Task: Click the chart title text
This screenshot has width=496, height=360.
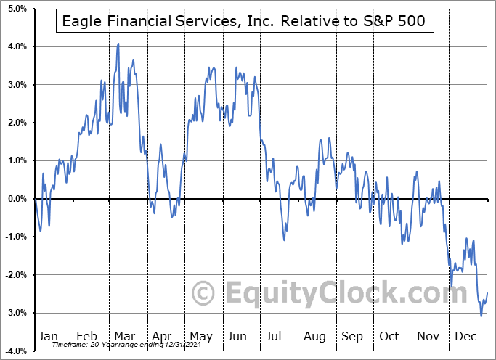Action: tap(245, 22)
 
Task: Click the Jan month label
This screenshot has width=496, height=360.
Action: tap(48, 336)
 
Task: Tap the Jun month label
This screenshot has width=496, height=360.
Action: tap(237, 336)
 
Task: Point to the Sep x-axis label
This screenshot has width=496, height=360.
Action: tap(352, 336)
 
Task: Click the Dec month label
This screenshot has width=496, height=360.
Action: tap(465, 336)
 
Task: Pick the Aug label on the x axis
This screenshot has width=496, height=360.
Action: tap(314, 336)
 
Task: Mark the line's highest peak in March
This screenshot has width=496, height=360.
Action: tap(118, 44)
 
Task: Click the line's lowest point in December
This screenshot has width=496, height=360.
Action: tap(481, 316)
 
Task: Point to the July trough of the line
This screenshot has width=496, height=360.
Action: tap(285, 240)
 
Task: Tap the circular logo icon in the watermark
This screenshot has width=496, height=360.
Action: tap(203, 293)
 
